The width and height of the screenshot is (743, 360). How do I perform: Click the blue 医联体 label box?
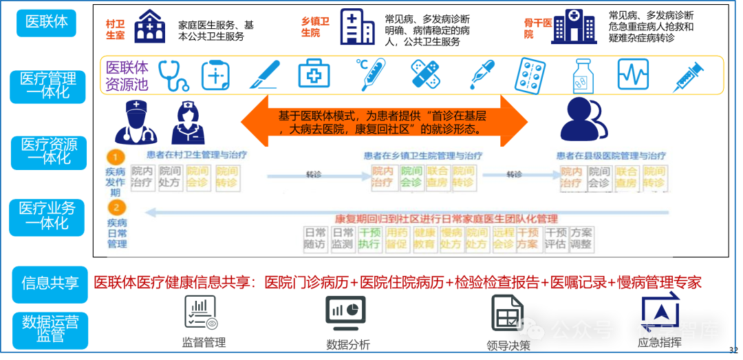(x=47, y=21)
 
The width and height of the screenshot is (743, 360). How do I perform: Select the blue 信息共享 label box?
(x=50, y=284)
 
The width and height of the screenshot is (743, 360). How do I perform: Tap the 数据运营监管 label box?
(x=50, y=329)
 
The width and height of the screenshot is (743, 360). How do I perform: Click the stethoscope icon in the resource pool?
(x=173, y=75)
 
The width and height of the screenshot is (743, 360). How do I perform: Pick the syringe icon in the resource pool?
(x=688, y=76)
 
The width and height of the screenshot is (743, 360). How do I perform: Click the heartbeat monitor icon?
(x=632, y=74)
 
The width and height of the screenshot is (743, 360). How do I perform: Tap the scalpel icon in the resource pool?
(x=263, y=75)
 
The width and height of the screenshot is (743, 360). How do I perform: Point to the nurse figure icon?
(x=187, y=123)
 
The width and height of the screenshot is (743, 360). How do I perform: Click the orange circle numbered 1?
(x=116, y=156)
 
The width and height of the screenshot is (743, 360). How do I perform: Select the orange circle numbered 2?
(x=116, y=207)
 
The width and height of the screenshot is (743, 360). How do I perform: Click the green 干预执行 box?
(x=369, y=238)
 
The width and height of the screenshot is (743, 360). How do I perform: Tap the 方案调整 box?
(x=581, y=238)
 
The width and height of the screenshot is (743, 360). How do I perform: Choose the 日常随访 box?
(x=316, y=238)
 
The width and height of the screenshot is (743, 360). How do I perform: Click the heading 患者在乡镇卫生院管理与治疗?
(x=423, y=156)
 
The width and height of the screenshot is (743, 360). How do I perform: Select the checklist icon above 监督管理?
(x=200, y=313)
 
